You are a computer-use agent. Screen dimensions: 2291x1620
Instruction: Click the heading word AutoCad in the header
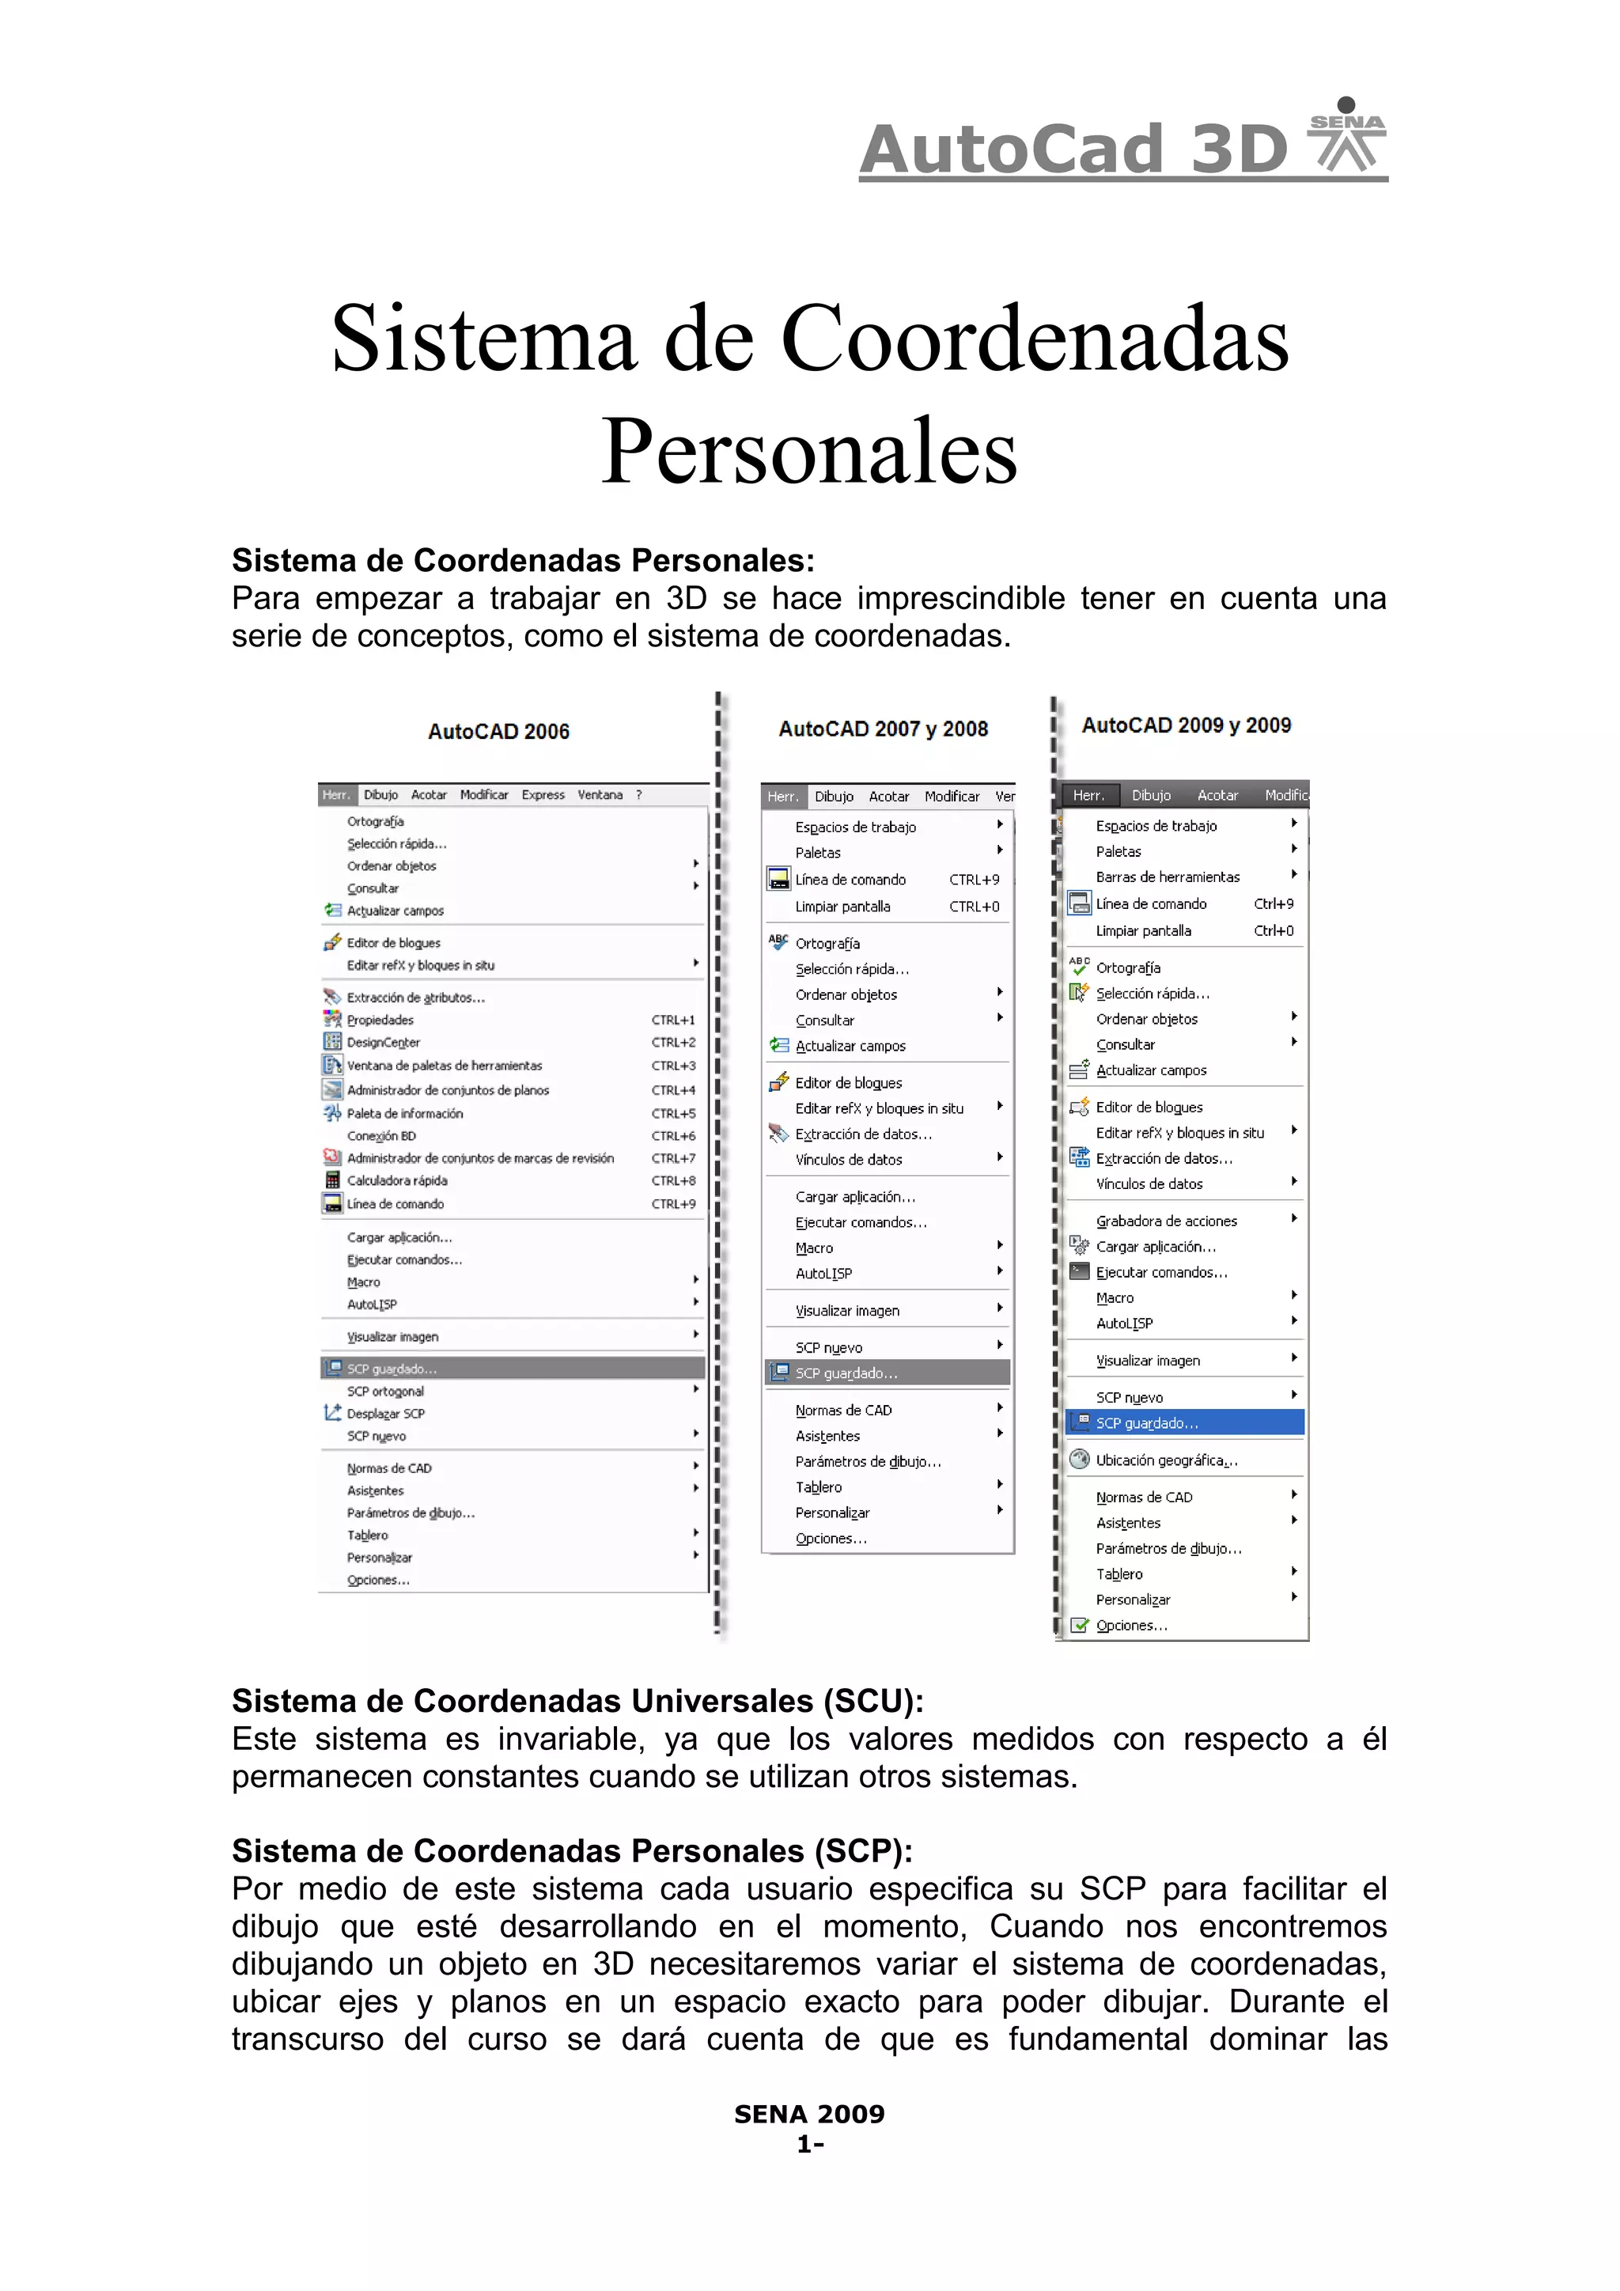pyautogui.click(x=1012, y=150)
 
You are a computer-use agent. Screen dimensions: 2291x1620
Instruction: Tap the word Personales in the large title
pyautogui.click(x=809, y=451)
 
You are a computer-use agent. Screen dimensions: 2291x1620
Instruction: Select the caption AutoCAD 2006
pyautogui.click(x=499, y=732)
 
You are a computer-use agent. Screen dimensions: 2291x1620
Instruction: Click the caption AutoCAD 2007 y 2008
pyautogui.click(x=883, y=729)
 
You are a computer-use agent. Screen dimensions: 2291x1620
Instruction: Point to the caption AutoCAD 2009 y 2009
pyautogui.click(x=1186, y=725)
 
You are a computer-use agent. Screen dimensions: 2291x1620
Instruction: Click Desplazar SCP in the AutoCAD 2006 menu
pyautogui.click(x=385, y=1414)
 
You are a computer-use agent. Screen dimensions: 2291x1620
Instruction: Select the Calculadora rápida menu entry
pyautogui.click(x=396, y=1180)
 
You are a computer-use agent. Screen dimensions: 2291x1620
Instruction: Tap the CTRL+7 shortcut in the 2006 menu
pyautogui.click(x=673, y=1158)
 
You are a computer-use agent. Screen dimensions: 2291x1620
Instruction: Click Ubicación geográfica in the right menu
pyautogui.click(x=1165, y=1460)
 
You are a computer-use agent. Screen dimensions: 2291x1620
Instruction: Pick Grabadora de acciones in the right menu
pyautogui.click(x=1166, y=1221)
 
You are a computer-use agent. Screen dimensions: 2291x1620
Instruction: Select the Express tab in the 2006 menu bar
pyautogui.click(x=543, y=795)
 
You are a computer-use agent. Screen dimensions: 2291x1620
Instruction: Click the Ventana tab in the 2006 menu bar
pyautogui.click(x=600, y=795)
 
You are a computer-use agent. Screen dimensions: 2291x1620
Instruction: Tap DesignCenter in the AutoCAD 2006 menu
pyautogui.click(x=383, y=1043)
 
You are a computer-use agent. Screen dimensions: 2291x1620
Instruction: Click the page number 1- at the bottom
pyautogui.click(x=809, y=2145)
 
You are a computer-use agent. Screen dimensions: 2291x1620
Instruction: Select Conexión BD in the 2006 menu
pyautogui.click(x=381, y=1135)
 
